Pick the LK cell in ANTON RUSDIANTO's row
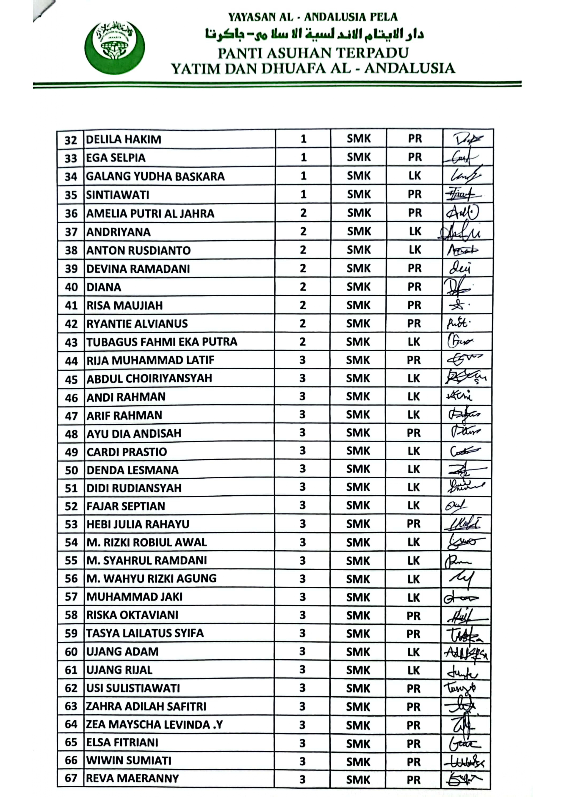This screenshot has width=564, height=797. pos(415,250)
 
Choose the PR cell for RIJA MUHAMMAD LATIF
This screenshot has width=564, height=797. pos(414,360)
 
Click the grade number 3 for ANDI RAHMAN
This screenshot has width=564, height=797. pos(302,396)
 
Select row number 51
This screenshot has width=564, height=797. pos(71,488)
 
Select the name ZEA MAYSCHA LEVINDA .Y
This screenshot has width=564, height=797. pos(154,725)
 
